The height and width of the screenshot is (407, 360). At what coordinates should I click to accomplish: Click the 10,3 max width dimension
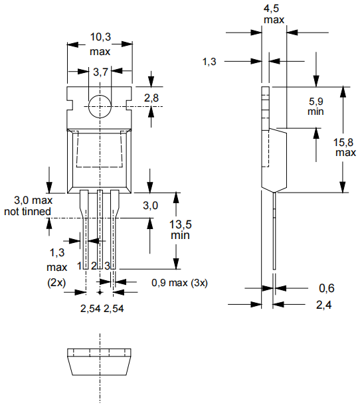point(100,44)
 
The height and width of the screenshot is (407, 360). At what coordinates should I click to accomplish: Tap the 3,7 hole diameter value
point(100,72)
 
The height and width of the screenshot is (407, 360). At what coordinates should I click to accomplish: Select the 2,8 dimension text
point(151,98)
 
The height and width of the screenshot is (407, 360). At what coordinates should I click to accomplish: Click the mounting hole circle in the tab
point(100,106)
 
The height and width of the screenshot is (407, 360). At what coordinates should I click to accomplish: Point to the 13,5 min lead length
point(181,230)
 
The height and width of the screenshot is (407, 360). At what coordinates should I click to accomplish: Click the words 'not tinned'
point(27,211)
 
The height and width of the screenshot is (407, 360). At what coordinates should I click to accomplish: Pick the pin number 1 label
point(80,266)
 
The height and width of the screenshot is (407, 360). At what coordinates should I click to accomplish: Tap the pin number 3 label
point(107,266)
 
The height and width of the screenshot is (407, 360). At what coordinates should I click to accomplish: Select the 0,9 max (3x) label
point(179,283)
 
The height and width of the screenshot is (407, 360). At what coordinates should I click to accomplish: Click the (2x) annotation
point(56,282)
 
